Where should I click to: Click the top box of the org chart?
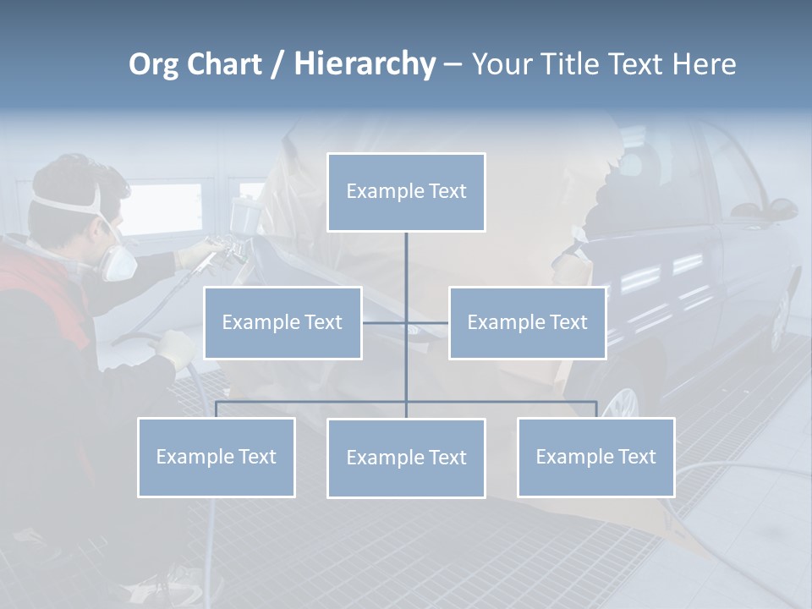(406, 192)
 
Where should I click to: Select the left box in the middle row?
(283, 323)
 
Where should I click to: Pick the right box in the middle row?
(527, 323)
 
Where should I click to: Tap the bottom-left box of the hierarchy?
(217, 458)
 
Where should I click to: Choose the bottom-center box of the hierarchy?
(406, 458)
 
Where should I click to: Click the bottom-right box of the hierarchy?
(595, 458)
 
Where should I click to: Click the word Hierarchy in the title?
(365, 64)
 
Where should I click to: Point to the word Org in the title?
(154, 64)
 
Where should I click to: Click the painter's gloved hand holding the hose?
(178, 348)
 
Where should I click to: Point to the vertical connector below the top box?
(406, 271)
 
